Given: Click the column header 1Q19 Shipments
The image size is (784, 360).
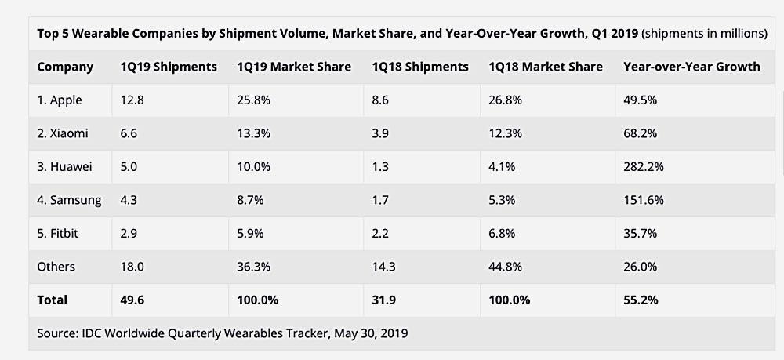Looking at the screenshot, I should pos(169,67).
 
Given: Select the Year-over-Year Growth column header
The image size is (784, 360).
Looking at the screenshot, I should pos(691,67).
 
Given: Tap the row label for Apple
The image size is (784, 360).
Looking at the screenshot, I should pos(60,100).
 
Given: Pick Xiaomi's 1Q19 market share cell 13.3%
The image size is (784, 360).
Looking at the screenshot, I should pos(254,134).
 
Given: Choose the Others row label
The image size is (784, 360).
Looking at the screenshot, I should pos(56,267).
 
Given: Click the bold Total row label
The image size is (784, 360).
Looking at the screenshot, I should pos(53,300).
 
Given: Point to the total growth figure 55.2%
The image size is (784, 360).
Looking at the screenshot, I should pos(641,300).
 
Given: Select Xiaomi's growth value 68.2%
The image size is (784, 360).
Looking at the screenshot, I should pos(641,134).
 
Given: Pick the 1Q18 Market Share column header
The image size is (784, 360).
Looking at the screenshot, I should pos(546,67).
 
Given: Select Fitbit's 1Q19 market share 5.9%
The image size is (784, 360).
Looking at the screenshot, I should pos(251,234).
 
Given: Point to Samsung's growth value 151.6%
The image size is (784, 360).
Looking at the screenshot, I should pos(644,200).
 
